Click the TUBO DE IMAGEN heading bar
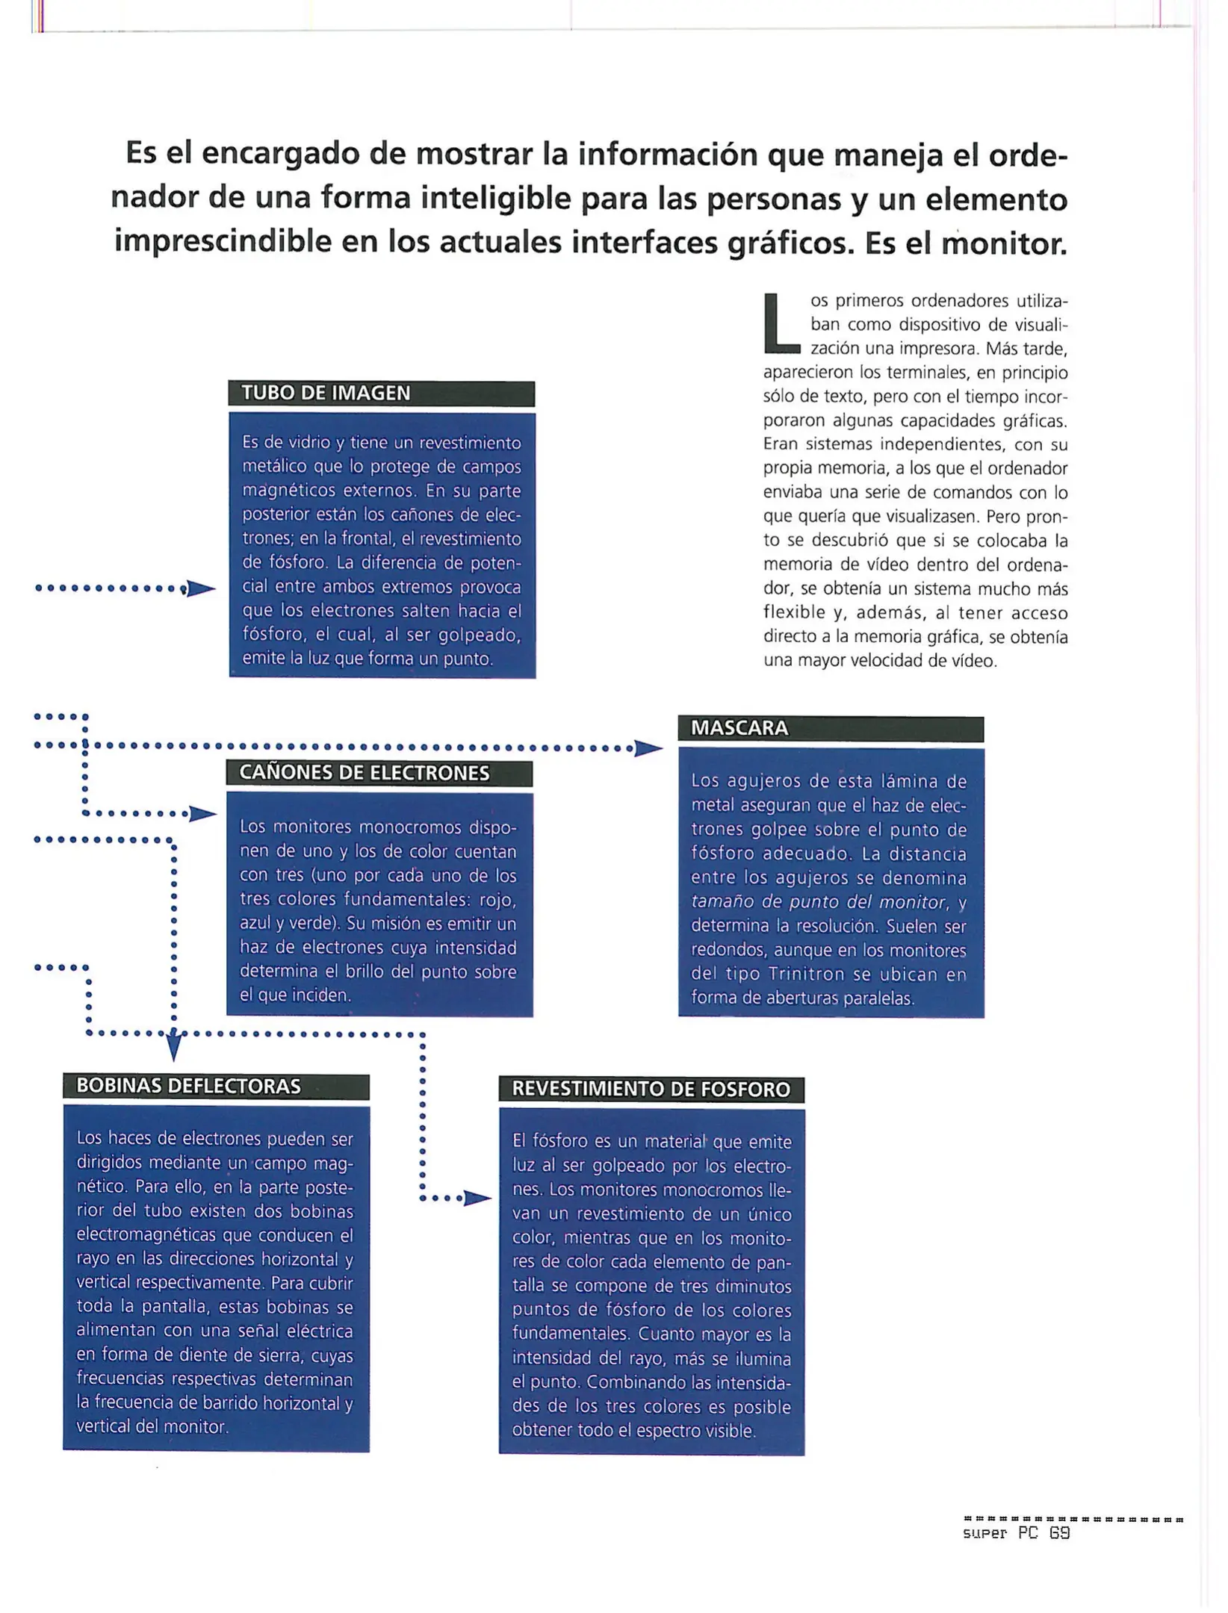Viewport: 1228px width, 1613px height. click(381, 394)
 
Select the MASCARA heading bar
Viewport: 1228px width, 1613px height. click(830, 728)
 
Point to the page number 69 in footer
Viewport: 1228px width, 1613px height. click(1059, 1533)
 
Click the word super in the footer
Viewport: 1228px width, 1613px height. click(984, 1534)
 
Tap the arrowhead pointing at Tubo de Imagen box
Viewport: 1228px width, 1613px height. click(200, 589)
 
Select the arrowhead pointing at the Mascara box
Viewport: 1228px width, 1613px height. click(647, 748)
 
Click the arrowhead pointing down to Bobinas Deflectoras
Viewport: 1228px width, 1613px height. click(173, 1047)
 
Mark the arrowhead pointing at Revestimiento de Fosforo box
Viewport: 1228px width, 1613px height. click(477, 1199)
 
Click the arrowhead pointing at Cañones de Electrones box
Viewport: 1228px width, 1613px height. click(202, 814)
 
